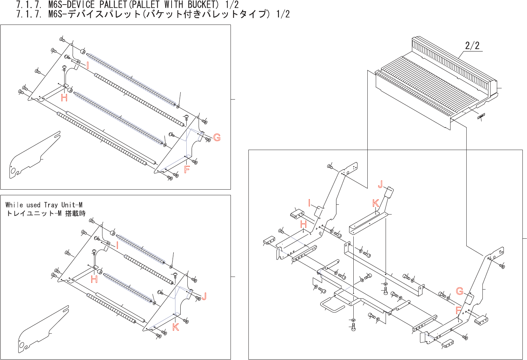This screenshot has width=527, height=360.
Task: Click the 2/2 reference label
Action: (472, 46)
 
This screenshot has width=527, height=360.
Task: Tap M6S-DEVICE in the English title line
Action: (72, 5)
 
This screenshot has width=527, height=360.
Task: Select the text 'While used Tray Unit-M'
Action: (44, 205)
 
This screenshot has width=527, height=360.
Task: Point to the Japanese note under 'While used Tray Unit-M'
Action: (46, 213)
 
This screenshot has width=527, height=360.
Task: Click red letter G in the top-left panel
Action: (217, 138)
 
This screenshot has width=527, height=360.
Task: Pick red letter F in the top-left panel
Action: (187, 170)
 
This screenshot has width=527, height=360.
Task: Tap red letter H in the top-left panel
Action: (64, 98)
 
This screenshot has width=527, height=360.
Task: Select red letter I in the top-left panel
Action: (87, 66)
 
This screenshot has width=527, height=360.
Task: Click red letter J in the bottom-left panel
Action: (204, 297)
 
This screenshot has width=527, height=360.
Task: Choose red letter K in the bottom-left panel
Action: (176, 327)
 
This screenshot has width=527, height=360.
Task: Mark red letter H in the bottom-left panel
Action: (94, 279)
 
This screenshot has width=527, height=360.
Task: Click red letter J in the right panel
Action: (380, 184)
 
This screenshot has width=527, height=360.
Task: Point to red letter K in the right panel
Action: (375, 203)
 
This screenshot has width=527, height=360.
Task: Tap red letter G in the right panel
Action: (460, 291)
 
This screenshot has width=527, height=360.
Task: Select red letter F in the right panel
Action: (458, 310)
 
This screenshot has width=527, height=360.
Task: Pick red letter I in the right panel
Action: (309, 203)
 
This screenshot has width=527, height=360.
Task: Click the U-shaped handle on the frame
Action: (331, 304)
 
